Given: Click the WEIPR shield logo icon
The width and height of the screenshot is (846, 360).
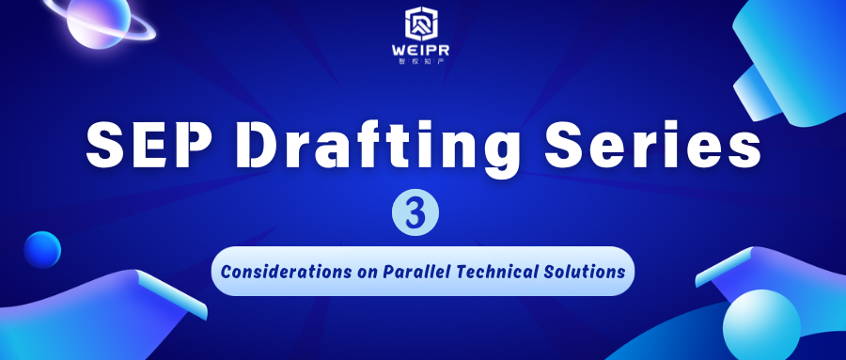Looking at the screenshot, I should click(x=422, y=24).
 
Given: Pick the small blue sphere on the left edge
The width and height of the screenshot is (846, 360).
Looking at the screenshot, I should click(x=42, y=250).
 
